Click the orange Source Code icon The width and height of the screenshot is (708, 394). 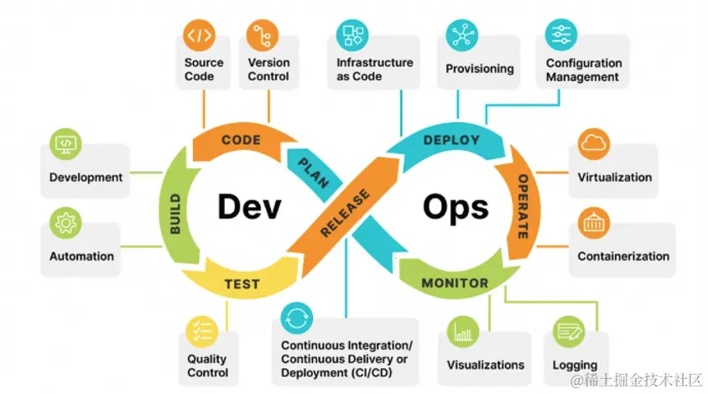(200, 36)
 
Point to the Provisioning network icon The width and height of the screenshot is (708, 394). (461, 35)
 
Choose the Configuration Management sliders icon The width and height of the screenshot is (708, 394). (560, 34)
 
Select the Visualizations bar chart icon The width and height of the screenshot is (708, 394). (464, 331)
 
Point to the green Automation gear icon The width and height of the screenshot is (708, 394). (65, 223)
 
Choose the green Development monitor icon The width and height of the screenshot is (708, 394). (65, 144)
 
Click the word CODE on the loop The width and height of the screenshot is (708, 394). (241, 140)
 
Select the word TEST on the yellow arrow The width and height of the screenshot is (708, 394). (242, 284)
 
